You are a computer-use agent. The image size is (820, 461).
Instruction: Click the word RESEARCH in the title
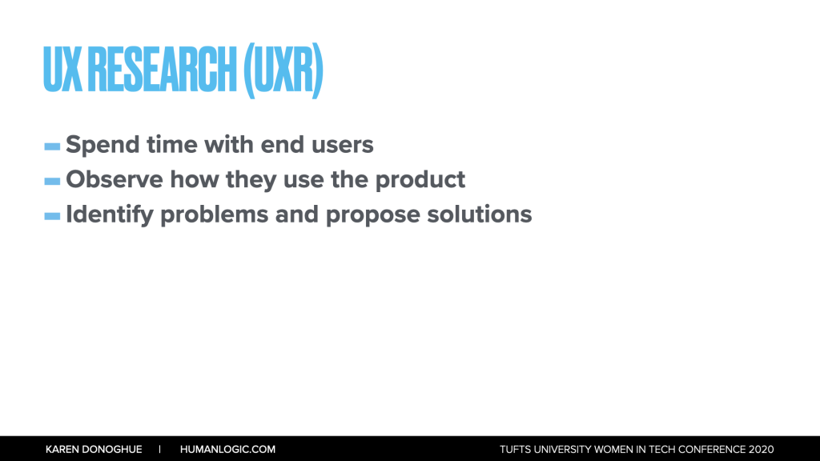[x=162, y=70]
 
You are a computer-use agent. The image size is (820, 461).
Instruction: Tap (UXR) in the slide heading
[x=283, y=70]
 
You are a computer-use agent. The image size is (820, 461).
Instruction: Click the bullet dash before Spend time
[x=52, y=147]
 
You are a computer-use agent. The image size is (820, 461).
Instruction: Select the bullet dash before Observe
[x=52, y=182]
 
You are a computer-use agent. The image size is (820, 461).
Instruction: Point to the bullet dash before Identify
[x=52, y=216]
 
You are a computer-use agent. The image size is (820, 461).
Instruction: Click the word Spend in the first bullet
[x=102, y=146]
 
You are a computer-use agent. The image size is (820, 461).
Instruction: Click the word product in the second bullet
[x=420, y=180]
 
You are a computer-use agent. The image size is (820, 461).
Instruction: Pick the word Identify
[x=110, y=214]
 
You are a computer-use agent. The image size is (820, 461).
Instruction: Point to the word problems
[x=215, y=214]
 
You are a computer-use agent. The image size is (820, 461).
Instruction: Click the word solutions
[x=480, y=214]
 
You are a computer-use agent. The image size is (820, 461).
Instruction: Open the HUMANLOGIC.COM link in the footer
[x=227, y=450]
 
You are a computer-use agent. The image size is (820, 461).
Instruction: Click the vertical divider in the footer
[x=160, y=450]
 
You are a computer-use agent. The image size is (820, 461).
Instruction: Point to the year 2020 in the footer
[x=761, y=450]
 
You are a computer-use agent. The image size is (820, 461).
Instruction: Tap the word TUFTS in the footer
[x=515, y=450]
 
